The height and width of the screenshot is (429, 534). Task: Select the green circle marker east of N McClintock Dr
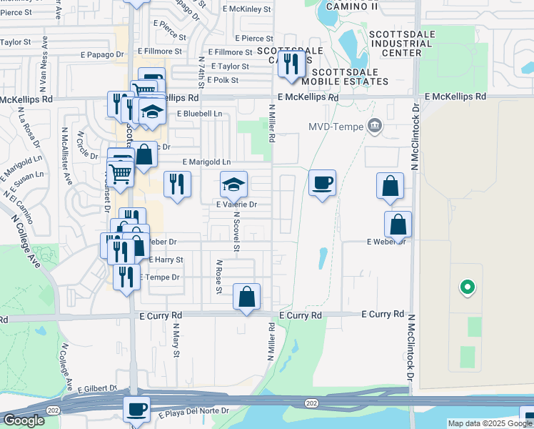point(467,288)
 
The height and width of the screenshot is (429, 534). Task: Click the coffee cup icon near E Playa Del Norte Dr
point(136,410)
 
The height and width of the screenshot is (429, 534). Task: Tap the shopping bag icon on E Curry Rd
point(246,296)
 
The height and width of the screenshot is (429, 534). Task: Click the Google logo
point(24,420)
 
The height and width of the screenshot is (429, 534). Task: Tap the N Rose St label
point(219,276)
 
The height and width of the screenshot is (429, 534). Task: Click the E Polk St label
point(230,80)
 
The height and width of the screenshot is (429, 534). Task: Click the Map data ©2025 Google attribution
point(489,423)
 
